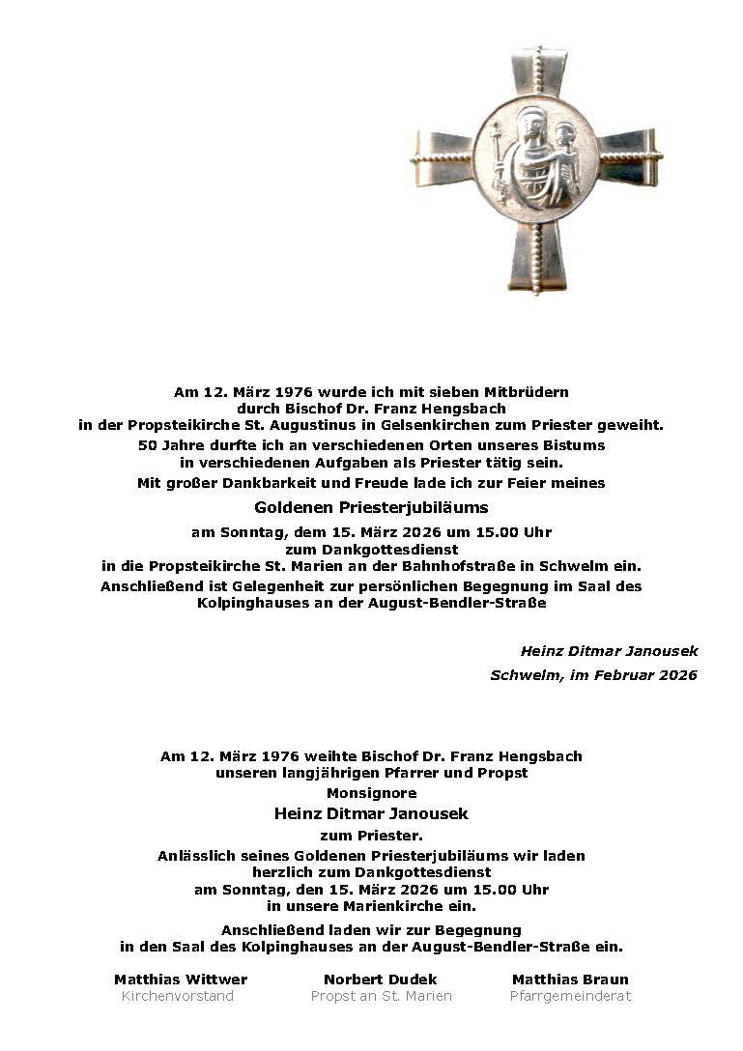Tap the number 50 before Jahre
[148, 445]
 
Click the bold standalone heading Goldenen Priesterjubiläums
[371, 507]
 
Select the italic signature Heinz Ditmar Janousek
[609, 651]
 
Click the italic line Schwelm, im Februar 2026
[593, 675]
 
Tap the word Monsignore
[371, 793]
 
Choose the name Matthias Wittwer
[181, 980]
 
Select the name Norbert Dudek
[381, 980]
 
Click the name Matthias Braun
[570, 980]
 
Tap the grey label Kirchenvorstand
[178, 996]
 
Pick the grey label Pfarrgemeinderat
[570, 996]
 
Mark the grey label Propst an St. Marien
[381, 996]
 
